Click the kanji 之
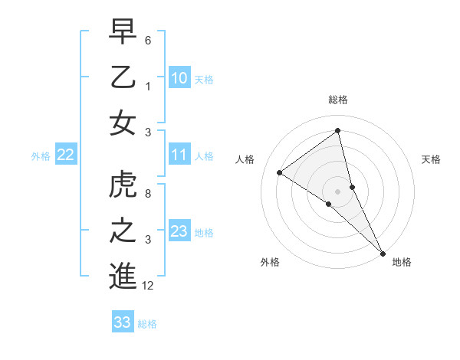[123, 231]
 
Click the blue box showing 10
[179, 78]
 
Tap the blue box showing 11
[179, 155]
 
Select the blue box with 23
[179, 231]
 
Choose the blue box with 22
[65, 155]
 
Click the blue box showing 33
[123, 322]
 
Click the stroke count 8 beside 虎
[147, 194]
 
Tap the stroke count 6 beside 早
[147, 40]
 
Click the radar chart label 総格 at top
[338, 100]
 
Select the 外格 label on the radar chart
[270, 262]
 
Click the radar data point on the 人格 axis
[280, 172]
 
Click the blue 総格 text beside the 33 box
[147, 324]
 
